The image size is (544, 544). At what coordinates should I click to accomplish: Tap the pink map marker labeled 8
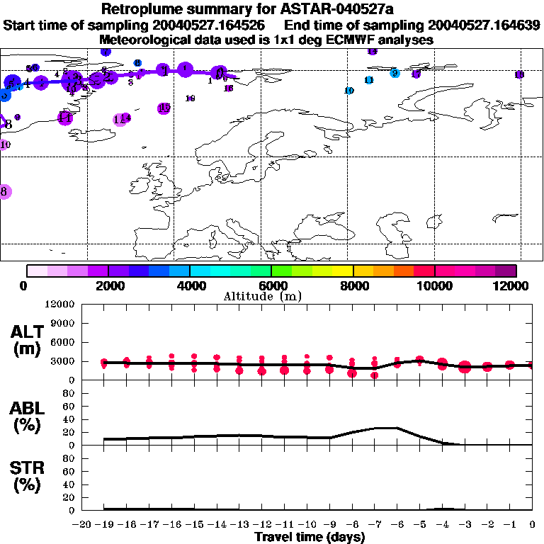point(4,191)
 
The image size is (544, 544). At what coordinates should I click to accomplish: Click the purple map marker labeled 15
point(164,108)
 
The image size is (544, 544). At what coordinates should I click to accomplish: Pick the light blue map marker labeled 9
point(395,72)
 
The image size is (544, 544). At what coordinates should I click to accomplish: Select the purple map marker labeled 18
point(519,74)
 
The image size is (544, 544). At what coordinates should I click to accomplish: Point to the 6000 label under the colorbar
point(271,285)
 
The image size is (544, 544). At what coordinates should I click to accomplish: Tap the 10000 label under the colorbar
point(434,285)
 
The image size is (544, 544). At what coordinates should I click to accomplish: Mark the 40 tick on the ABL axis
point(69,419)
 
